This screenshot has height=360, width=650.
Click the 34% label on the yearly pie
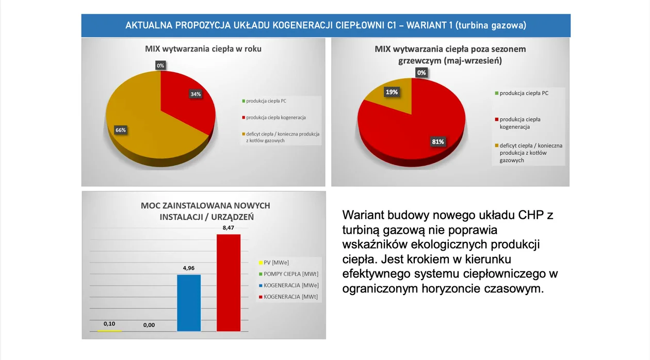[196, 94]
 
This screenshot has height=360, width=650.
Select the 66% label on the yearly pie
[120, 130]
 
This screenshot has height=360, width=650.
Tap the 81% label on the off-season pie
[437, 142]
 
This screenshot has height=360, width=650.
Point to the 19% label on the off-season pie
[392, 92]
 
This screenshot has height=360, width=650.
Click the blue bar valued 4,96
[189, 303]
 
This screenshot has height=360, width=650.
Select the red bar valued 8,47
[229, 283]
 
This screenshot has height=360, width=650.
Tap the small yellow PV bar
[109, 331]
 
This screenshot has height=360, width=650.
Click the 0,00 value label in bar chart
[149, 325]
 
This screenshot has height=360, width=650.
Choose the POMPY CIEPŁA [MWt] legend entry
[288, 274]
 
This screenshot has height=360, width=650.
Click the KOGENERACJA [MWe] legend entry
[289, 285]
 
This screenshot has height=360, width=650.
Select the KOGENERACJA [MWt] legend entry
[288, 297]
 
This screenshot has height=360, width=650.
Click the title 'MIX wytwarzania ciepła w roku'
[203, 48]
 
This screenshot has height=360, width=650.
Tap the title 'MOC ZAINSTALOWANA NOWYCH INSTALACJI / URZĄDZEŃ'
[206, 211]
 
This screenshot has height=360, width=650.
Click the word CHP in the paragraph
[531, 215]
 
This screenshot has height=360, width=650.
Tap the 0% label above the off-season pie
[421, 73]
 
